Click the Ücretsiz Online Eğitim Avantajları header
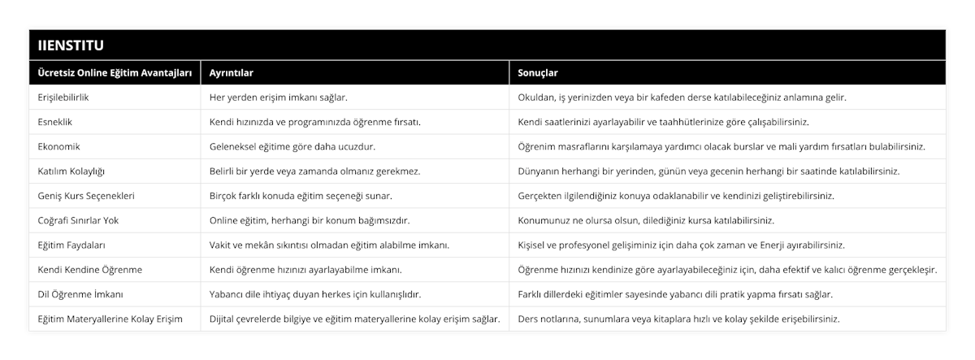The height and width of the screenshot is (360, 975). (x=115, y=72)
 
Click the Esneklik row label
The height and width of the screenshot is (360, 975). (x=58, y=122)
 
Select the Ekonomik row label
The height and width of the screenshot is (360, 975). (x=59, y=146)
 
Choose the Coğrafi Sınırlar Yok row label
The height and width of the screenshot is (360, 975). (x=84, y=220)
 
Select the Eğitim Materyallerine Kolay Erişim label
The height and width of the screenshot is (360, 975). (x=110, y=319)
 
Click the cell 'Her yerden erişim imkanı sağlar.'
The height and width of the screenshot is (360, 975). (x=279, y=98)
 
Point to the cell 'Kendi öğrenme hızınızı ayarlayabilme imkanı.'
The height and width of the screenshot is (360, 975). (x=305, y=269)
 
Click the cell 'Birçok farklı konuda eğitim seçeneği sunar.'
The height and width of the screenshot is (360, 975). (x=301, y=196)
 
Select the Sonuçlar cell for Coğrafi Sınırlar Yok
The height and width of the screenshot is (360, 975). (x=646, y=220)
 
